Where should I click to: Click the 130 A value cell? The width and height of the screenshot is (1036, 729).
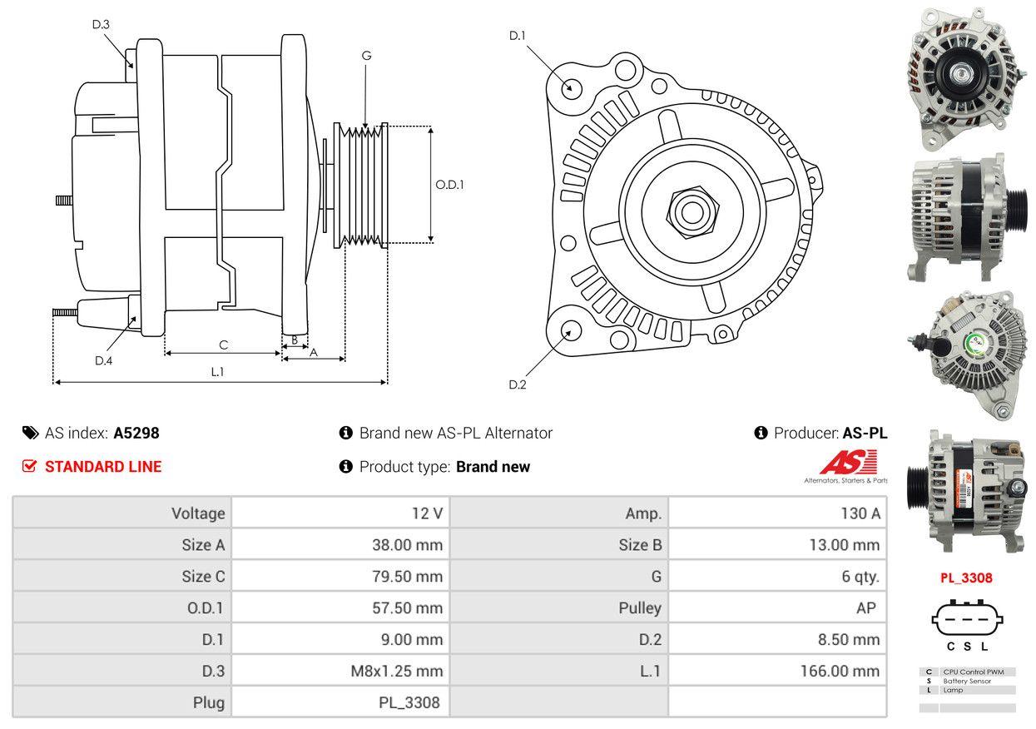point(860,513)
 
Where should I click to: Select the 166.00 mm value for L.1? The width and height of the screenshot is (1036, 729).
point(840,671)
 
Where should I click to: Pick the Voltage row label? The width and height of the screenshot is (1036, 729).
point(198,513)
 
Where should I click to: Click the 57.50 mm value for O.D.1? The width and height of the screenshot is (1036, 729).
point(407,608)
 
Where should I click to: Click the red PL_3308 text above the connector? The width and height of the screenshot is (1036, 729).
point(967,578)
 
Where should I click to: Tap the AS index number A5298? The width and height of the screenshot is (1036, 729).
point(136,433)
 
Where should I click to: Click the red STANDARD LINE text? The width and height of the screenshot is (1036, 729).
point(103,467)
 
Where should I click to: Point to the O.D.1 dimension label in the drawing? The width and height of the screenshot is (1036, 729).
point(449,185)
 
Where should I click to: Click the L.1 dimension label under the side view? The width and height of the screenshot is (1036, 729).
point(217,372)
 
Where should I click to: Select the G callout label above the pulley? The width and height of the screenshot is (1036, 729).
point(366,56)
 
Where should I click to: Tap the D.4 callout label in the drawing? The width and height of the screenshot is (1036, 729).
point(103,360)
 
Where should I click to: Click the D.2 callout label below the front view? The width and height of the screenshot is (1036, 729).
point(518,384)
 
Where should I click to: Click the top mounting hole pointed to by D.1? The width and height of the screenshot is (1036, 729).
point(571,87)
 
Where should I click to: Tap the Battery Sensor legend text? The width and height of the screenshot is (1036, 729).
point(967,681)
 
